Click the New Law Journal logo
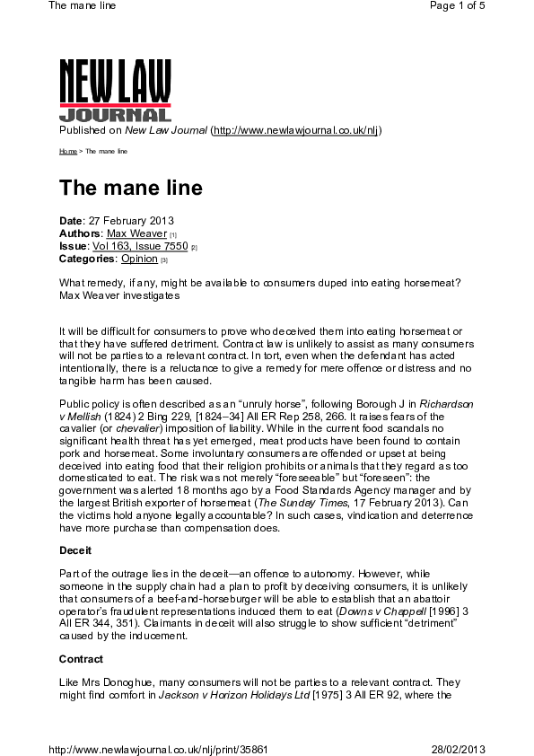[x=115, y=90]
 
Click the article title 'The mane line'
[x=130, y=188]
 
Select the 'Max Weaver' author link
[x=136, y=233]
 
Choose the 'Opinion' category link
[x=139, y=259]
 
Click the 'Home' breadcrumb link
[x=67, y=152]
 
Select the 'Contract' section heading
[x=81, y=659]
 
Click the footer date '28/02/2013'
[x=458, y=749]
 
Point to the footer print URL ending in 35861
[x=157, y=749]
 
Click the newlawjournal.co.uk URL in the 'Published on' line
[x=295, y=130]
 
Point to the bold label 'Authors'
[x=80, y=233]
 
